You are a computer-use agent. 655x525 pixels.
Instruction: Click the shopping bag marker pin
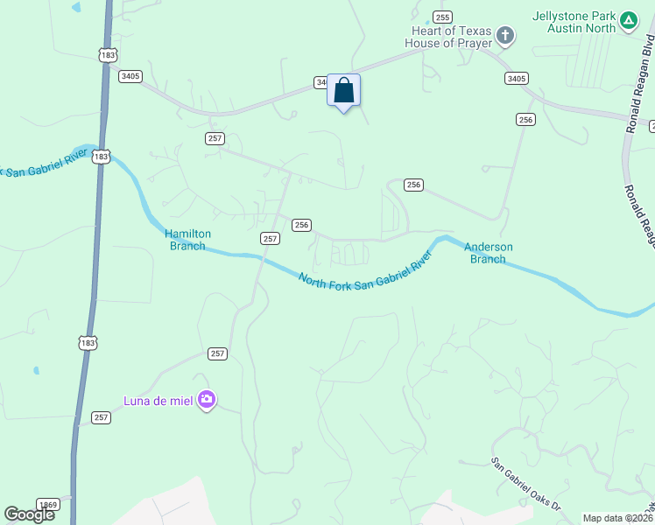[x=344, y=91]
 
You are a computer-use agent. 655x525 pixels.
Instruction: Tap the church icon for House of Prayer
[x=504, y=36]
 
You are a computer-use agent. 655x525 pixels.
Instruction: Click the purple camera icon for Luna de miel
[x=207, y=400]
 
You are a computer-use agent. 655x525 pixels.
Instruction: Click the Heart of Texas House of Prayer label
[x=451, y=38]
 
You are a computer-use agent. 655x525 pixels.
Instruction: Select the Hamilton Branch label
[x=187, y=240]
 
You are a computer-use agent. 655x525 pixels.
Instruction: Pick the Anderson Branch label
[x=488, y=253]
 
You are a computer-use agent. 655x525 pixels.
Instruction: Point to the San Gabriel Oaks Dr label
[x=525, y=483]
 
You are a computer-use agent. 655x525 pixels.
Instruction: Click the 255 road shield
[x=442, y=17]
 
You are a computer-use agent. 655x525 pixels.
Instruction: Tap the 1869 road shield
[x=49, y=505]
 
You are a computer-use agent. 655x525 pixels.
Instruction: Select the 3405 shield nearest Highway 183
[x=130, y=76]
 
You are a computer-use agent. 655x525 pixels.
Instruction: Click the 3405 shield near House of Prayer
[x=516, y=78]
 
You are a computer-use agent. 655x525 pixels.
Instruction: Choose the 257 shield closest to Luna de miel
[x=218, y=353]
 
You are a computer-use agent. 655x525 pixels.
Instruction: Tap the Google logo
[x=29, y=514]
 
